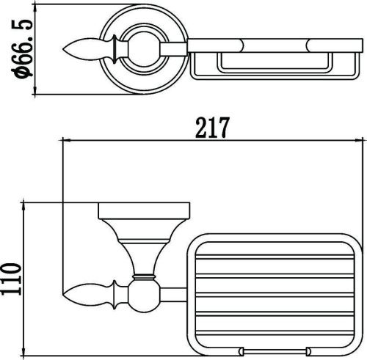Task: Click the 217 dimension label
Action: pos(212,128)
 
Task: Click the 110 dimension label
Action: pos(11,279)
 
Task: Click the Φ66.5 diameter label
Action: pos(21,48)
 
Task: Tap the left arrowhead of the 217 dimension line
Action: pos(67,141)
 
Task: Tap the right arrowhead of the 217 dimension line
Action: pos(358,141)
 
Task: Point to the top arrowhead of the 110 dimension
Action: pos(23,207)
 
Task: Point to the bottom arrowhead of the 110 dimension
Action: pos(23,352)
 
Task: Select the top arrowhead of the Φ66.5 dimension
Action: pos(34,8)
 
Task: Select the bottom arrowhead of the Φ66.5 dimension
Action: pos(34,90)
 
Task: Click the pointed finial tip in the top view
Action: pos(63,49)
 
